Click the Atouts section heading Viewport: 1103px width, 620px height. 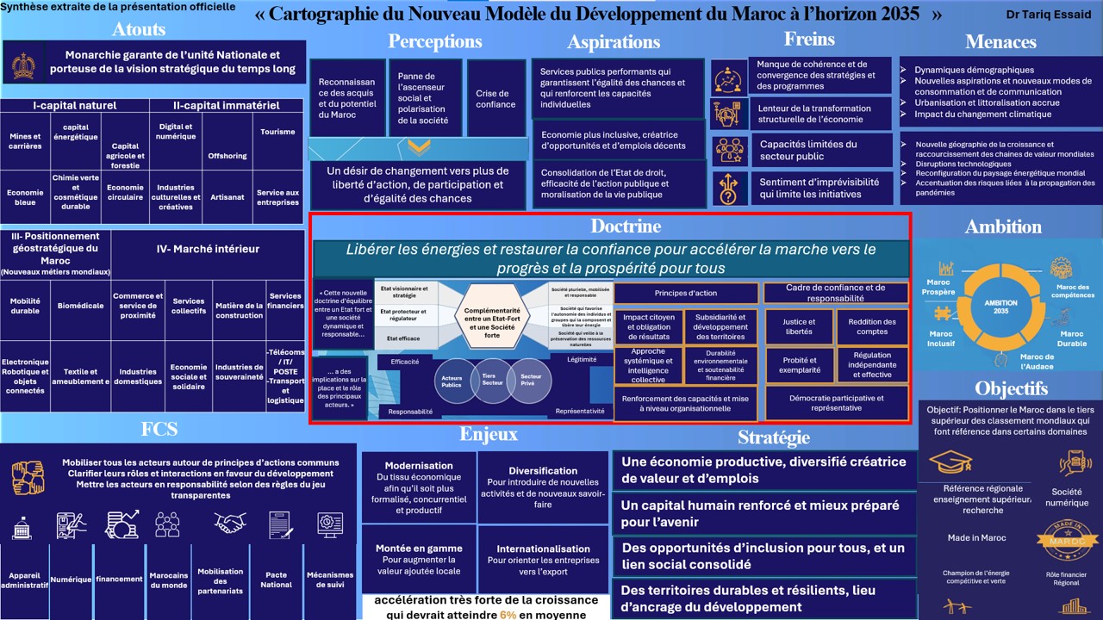pyautogui.click(x=139, y=28)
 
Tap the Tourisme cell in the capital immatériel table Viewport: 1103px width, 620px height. pyautogui.click(x=277, y=133)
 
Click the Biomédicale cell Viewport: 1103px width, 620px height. pyautogui.click(x=80, y=306)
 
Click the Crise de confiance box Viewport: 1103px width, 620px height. pyautogui.click(x=495, y=99)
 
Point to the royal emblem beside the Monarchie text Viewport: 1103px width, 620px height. pyautogui.click(x=23, y=65)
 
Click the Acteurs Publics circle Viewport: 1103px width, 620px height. pyautogui.click(x=452, y=381)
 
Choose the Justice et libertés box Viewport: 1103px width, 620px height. pyautogui.click(x=799, y=326)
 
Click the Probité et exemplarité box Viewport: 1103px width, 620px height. pyautogui.click(x=800, y=365)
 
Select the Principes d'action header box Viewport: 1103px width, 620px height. pyautogui.click(x=685, y=294)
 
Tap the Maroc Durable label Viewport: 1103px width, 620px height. pyautogui.click(x=1072, y=338)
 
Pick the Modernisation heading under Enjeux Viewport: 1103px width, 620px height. pyautogui.click(x=419, y=466)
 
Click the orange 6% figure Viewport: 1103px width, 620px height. pyautogui.click(x=508, y=615)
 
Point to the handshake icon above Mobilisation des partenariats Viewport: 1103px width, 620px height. pyautogui.click(x=230, y=523)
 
